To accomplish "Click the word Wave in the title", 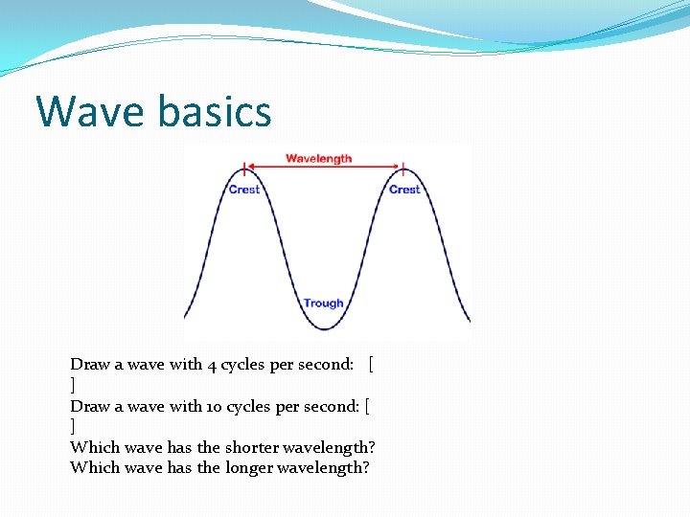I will pyautogui.click(x=91, y=111).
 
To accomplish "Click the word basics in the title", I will pyautogui.click(x=215, y=111).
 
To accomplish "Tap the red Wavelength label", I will pyautogui.click(x=319, y=158).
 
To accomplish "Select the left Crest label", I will pyautogui.click(x=244, y=190).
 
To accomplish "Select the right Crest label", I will pyautogui.click(x=404, y=190).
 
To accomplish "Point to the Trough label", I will pyautogui.click(x=323, y=303).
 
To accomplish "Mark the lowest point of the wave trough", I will pyautogui.click(x=325, y=329).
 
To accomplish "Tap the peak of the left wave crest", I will pyautogui.click(x=245, y=169).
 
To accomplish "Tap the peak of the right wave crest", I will pyautogui.click(x=403, y=169).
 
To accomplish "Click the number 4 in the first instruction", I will pyautogui.click(x=212, y=364).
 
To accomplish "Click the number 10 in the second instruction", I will pyautogui.click(x=216, y=406).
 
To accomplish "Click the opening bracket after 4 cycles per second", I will pyautogui.click(x=371, y=364).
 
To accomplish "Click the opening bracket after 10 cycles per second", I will pyautogui.click(x=368, y=406).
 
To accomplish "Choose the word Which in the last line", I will pyautogui.click(x=92, y=467).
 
